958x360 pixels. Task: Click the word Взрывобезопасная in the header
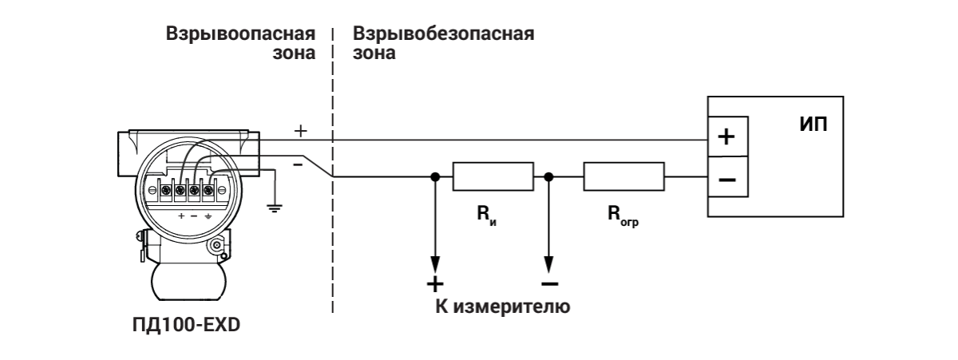click(x=443, y=35)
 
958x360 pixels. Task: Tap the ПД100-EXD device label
click(x=185, y=326)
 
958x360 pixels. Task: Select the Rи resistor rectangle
click(x=493, y=176)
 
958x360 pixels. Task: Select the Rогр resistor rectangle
click(x=623, y=176)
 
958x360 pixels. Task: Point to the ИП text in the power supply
click(x=813, y=125)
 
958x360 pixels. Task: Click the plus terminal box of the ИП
click(x=727, y=136)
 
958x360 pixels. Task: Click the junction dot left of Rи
click(x=435, y=176)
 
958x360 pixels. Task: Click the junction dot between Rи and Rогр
click(x=548, y=176)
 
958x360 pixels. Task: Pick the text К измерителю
click(x=502, y=307)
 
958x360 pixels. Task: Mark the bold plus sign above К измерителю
click(x=435, y=284)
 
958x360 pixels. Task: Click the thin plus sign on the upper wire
click(x=301, y=130)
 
